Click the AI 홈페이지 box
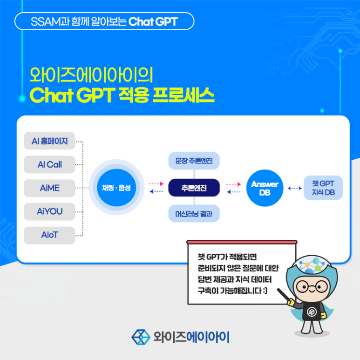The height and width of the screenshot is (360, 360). click(x=49, y=141)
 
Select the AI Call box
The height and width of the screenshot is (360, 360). click(x=49, y=164)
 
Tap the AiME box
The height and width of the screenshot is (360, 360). click(x=49, y=188)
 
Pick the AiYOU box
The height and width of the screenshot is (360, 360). click(x=49, y=211)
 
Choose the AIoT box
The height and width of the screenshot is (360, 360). click(x=49, y=235)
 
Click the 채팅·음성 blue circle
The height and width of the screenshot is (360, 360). click(x=116, y=188)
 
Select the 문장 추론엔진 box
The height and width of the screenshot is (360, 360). click(x=194, y=161)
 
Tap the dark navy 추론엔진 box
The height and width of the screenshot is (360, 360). click(x=194, y=188)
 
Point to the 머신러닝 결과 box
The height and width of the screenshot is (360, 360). click(x=194, y=213)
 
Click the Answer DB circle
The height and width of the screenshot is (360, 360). click(x=265, y=188)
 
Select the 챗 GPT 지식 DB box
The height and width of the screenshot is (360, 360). click(x=323, y=188)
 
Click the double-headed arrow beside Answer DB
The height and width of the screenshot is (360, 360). click(x=294, y=188)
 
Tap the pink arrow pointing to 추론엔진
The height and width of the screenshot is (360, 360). click(x=156, y=183)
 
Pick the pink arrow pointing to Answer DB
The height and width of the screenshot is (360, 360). click(x=234, y=184)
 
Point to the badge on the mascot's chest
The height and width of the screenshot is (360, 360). click(x=312, y=312)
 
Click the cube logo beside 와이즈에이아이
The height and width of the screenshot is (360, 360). click(x=141, y=337)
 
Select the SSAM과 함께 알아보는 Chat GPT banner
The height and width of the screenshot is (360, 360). click(x=104, y=21)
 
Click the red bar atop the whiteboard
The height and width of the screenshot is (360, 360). click(x=242, y=242)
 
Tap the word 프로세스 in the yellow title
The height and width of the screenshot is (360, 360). click(x=183, y=95)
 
